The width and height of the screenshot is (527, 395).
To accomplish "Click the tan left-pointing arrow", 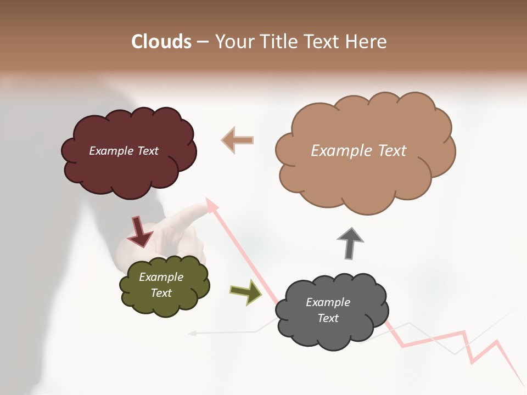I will [238, 140].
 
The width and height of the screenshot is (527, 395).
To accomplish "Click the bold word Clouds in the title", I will [161, 42].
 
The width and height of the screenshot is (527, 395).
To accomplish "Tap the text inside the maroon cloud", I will [124, 151].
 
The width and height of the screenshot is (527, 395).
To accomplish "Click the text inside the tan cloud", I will [358, 151].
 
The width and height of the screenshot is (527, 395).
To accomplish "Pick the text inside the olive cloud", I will [161, 285].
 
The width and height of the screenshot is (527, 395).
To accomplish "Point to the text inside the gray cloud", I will [328, 310].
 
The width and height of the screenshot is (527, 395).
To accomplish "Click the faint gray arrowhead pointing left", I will [192, 332].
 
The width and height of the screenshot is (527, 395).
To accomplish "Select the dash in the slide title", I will [203, 42].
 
